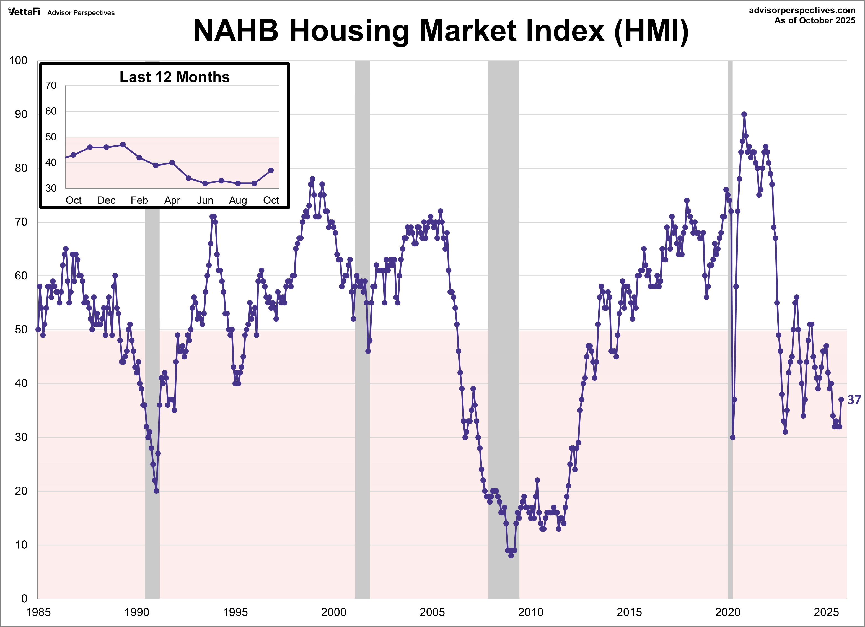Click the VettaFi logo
(x=24, y=12)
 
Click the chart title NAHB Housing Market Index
(x=441, y=30)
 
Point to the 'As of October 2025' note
(x=814, y=20)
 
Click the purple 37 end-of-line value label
(x=854, y=400)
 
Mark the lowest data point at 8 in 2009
(x=511, y=556)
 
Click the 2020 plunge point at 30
(x=732, y=437)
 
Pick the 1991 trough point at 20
(x=156, y=491)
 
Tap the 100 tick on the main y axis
(x=18, y=61)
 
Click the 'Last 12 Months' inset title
(x=175, y=77)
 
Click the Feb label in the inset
(x=139, y=200)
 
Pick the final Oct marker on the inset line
(x=271, y=170)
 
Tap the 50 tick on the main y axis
(x=21, y=330)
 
